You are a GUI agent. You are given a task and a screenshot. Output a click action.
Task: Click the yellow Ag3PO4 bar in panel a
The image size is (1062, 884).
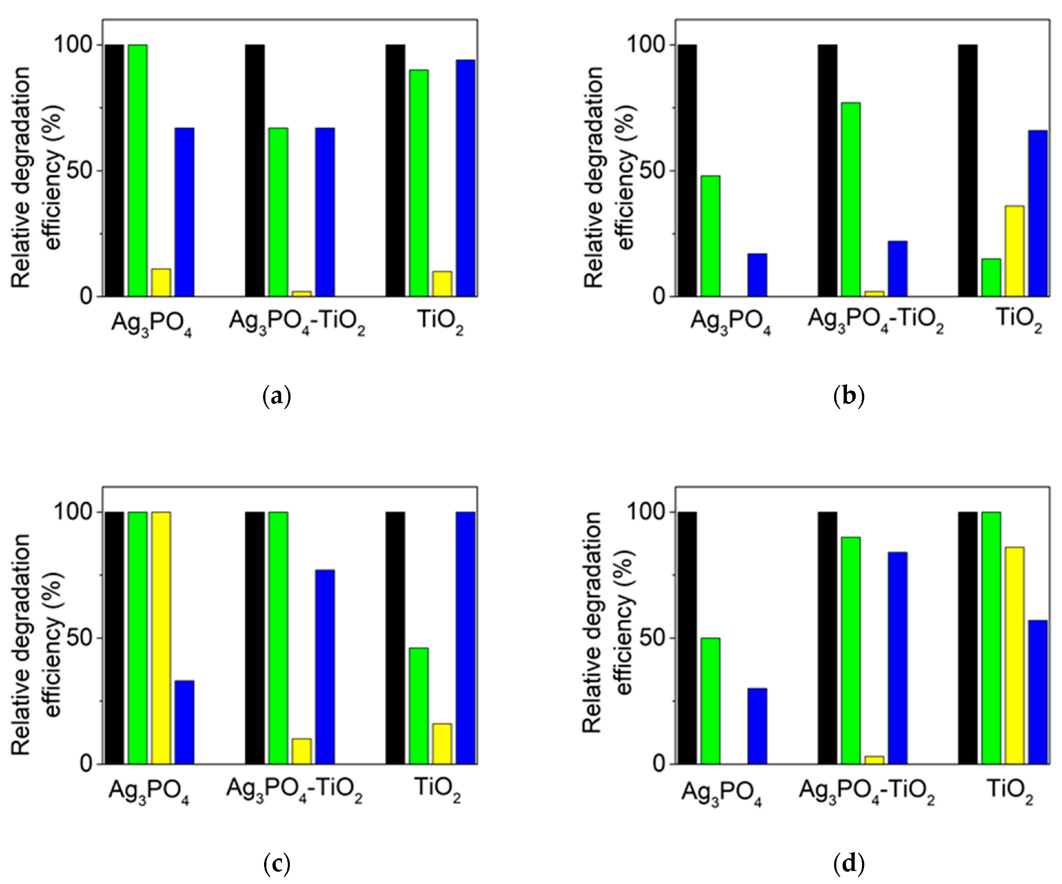tap(161, 282)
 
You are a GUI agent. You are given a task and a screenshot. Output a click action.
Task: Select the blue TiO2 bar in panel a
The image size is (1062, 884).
tap(465, 178)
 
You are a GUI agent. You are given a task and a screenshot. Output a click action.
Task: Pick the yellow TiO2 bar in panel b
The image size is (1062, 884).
tap(1014, 251)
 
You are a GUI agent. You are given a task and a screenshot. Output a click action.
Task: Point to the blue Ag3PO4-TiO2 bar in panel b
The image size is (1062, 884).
tap(897, 269)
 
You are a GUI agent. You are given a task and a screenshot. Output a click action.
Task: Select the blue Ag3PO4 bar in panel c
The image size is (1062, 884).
tap(184, 722)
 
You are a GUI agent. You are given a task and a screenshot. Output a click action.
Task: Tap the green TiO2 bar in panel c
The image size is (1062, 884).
tap(419, 706)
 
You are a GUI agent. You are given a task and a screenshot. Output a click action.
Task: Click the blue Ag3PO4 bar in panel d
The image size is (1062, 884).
tap(757, 726)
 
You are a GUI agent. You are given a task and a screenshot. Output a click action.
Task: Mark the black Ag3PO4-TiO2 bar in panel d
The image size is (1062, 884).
tap(828, 638)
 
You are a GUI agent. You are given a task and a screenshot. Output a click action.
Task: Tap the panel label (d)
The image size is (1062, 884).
tap(848, 864)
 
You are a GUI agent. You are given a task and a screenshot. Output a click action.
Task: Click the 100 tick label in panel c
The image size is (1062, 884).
tap(75, 512)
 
